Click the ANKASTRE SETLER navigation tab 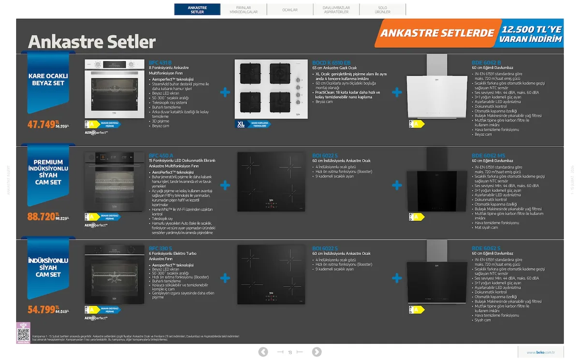pyautogui.click(x=197, y=10)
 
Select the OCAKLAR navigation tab pyautogui.click(x=290, y=10)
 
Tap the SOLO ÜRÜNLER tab pyautogui.click(x=382, y=10)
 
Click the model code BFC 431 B pyautogui.click(x=160, y=63)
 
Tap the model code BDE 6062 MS pyautogui.click(x=488, y=156)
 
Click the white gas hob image pyautogui.click(x=268, y=89)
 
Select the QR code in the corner pyautogui.click(x=23, y=334)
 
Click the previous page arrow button pyautogui.click(x=263, y=352)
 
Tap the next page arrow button pyautogui.click(x=317, y=352)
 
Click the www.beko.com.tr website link pyautogui.click(x=541, y=352)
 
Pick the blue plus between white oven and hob pyautogui.click(x=225, y=92)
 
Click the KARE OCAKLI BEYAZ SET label pyautogui.click(x=48, y=80)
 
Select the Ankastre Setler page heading pyautogui.click(x=92, y=42)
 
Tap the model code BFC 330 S pyautogui.click(x=160, y=248)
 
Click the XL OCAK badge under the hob pyautogui.click(x=241, y=124)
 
